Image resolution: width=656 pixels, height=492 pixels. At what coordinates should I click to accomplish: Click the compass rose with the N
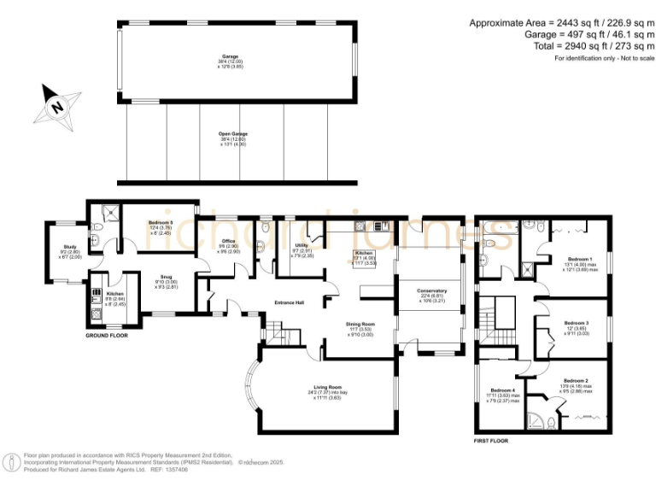tap(56, 106)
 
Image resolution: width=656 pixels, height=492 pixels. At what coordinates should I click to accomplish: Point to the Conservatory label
tap(431, 296)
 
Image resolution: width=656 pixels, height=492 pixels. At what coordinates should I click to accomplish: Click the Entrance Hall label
tap(290, 302)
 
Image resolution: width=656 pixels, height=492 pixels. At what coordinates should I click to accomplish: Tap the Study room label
tap(69, 251)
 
